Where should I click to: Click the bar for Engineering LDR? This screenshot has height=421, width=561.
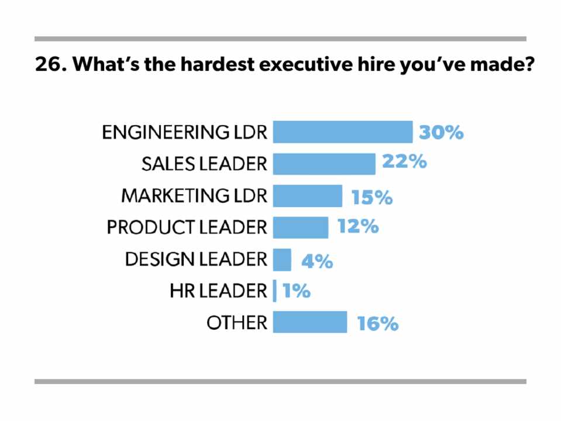pyautogui.click(x=343, y=132)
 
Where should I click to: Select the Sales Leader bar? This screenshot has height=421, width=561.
pyautogui.click(x=324, y=164)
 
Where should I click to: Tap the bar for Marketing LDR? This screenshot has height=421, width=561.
pyautogui.click(x=308, y=196)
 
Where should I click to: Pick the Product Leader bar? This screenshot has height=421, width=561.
pyautogui.click(x=301, y=227)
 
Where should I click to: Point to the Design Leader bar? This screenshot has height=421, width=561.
pyautogui.click(x=282, y=260)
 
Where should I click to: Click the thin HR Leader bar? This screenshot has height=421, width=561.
pyautogui.click(x=275, y=291)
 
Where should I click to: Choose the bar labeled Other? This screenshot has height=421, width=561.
pyautogui.click(x=310, y=322)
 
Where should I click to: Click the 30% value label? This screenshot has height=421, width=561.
pyautogui.click(x=441, y=133)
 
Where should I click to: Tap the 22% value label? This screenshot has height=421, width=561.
pyautogui.click(x=404, y=161)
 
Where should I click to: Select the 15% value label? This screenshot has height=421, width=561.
pyautogui.click(x=372, y=197)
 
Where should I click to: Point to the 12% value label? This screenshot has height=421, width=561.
pyautogui.click(x=358, y=226)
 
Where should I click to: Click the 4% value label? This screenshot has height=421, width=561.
pyautogui.click(x=317, y=261)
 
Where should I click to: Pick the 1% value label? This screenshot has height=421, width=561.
pyautogui.click(x=297, y=291)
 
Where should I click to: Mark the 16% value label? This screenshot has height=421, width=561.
pyautogui.click(x=378, y=323)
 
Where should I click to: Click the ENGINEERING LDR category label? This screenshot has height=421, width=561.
pyautogui.click(x=184, y=133)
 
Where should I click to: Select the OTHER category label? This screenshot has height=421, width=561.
pyautogui.click(x=237, y=322)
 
